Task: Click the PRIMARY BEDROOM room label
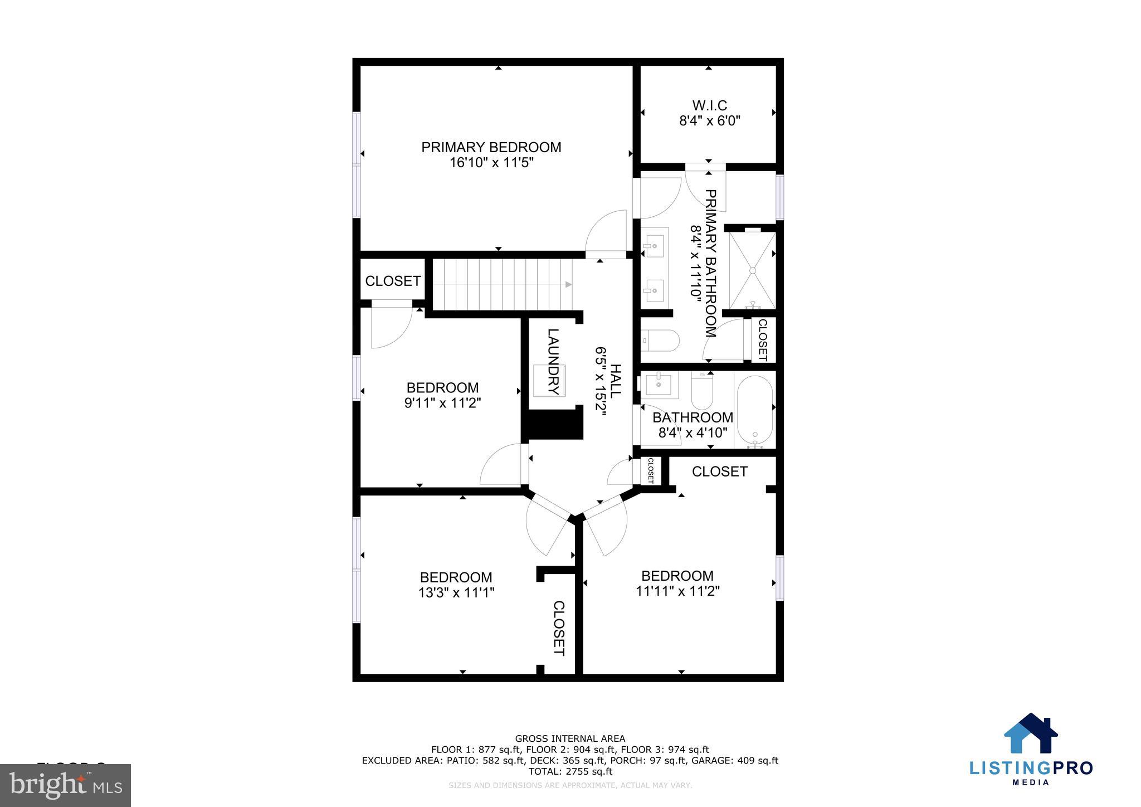pos(491,147)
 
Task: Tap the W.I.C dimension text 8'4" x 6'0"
pos(709,121)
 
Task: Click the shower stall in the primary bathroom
pos(752,270)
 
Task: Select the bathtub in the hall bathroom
pos(755,410)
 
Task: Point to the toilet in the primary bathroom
pos(661,340)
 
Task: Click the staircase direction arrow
pos(568,284)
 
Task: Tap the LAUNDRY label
pos(553,362)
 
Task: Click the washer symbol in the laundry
pos(549,380)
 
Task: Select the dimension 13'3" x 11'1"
pos(456,592)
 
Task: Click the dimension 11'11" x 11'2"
pos(677,591)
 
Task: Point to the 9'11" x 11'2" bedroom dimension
pos(442,402)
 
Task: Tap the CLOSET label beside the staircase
pos(393,281)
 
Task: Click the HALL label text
pos(616,381)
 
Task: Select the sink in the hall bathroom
pos(660,385)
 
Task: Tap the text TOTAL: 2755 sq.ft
pos(570,771)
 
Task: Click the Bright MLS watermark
pos(66,786)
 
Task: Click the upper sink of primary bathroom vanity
pos(654,245)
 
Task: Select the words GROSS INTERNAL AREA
pos(570,738)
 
